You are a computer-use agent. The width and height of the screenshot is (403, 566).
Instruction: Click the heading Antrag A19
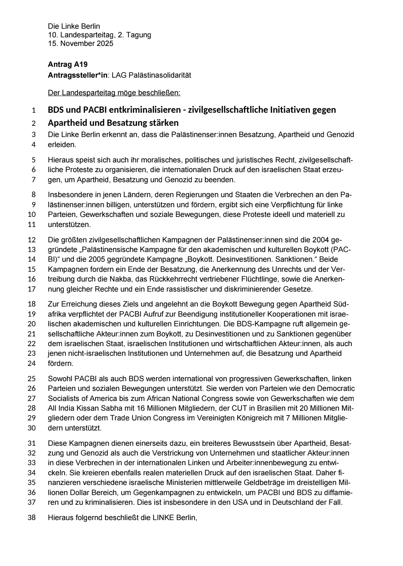click(68, 65)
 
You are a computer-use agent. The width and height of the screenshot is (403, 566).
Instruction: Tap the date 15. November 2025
click(80, 43)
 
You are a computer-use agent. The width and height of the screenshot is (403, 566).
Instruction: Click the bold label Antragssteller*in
click(78, 75)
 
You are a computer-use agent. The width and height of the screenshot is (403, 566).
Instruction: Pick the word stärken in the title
click(162, 123)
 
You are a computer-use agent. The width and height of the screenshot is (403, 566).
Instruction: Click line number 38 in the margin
click(32, 518)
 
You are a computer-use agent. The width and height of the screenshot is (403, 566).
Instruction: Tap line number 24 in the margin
click(32, 363)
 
